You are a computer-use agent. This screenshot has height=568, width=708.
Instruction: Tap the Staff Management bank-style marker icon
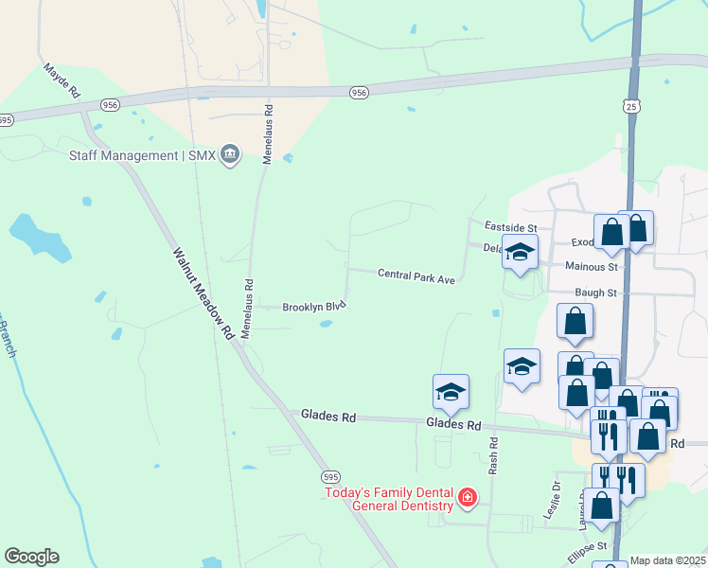point(229,154)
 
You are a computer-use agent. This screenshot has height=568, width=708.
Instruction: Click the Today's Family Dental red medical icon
point(467,497)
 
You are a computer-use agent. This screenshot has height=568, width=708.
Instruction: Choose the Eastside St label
point(510,228)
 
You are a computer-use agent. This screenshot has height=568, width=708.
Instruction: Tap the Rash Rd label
point(494,455)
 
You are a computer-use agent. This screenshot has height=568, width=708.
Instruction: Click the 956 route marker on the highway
point(358,93)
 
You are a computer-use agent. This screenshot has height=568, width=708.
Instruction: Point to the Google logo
point(31,557)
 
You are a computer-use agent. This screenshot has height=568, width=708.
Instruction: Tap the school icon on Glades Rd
point(451,390)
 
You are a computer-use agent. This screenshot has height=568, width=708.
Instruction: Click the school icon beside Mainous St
point(520,252)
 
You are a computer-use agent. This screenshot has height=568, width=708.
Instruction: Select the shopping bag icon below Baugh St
point(575,322)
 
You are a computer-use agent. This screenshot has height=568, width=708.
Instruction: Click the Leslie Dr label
point(556,496)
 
